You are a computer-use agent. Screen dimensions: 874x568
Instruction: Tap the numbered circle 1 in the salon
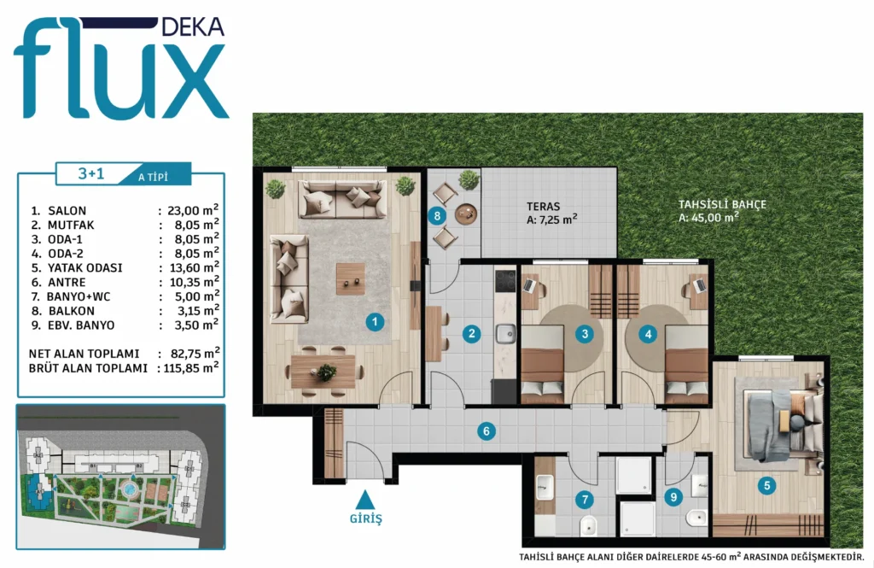pyautogui.click(x=375, y=322)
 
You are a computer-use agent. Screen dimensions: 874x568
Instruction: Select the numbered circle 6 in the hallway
pyautogui.click(x=486, y=430)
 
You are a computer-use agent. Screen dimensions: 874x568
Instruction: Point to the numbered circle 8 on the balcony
pyautogui.click(x=437, y=216)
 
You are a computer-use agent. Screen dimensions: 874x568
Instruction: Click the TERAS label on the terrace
pyautogui.click(x=543, y=207)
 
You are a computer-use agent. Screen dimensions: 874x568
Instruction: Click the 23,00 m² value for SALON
pyautogui.click(x=192, y=210)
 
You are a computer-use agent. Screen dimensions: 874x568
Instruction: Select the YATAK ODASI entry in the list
pyautogui.click(x=84, y=268)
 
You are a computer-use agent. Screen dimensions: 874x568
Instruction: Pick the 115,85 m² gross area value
pyautogui.click(x=190, y=367)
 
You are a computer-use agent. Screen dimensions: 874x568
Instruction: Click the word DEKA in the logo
pyautogui.click(x=192, y=26)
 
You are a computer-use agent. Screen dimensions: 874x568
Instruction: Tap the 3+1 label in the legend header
pyautogui.click(x=90, y=173)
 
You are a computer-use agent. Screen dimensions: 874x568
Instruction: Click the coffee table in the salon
pyautogui.click(x=351, y=278)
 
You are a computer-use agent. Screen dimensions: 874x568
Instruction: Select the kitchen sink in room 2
pyautogui.click(x=506, y=334)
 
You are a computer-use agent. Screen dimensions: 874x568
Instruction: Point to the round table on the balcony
pyautogui.click(x=466, y=214)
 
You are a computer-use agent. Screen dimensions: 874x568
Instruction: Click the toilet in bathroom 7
pyautogui.click(x=587, y=525)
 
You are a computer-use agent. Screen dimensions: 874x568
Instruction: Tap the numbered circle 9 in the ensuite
pyautogui.click(x=673, y=496)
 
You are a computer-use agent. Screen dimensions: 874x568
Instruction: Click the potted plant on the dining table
pyautogui.click(x=326, y=372)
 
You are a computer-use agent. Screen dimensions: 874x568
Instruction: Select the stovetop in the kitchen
pyautogui.click(x=505, y=281)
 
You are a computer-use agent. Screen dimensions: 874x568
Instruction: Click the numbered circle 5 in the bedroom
pyautogui.click(x=766, y=485)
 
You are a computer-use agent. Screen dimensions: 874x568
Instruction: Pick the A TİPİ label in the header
pyautogui.click(x=153, y=178)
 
